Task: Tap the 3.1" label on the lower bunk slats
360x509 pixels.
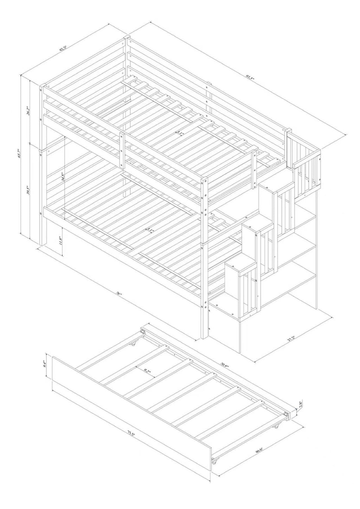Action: click(x=150, y=230)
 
